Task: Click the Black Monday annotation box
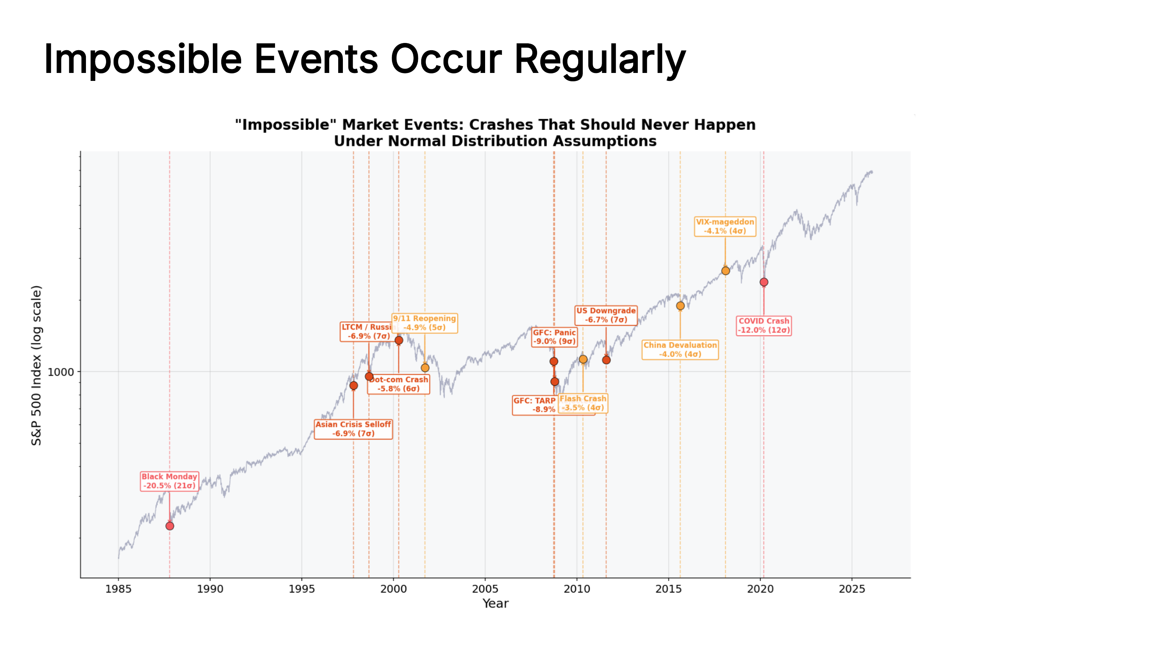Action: click(x=169, y=481)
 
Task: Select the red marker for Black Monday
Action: click(x=170, y=526)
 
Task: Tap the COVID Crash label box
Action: click(x=764, y=326)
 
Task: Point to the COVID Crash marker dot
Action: click(x=764, y=282)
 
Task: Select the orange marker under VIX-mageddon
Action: click(x=725, y=270)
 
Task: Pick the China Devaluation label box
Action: click(x=680, y=350)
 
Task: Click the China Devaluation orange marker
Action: click(x=680, y=306)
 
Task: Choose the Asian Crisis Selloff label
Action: click(x=353, y=429)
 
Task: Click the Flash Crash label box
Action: click(x=583, y=403)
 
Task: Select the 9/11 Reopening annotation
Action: click(x=424, y=323)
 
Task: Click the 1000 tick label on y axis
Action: click(x=61, y=372)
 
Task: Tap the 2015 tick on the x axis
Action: click(x=668, y=589)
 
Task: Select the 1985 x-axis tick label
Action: click(x=118, y=589)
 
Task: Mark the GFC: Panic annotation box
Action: click(x=554, y=337)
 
